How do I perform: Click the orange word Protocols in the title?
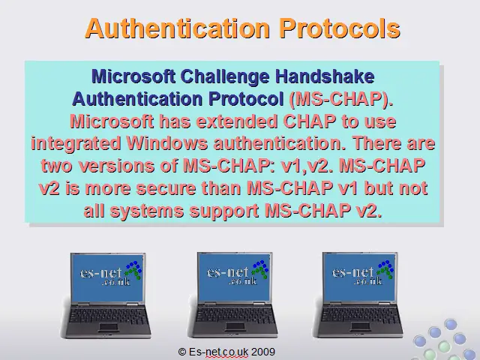pos(340,28)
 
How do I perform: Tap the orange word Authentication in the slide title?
pos(177,28)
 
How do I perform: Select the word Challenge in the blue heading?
pos(225,76)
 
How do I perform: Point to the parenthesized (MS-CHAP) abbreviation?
pos(341,99)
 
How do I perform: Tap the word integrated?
pos(76,144)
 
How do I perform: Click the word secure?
pos(166,188)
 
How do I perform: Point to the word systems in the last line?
pos(147,211)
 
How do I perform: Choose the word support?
pos(224,211)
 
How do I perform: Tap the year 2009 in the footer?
pos(263,352)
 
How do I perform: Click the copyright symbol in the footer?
pos(181,352)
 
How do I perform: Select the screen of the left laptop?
pos(107,277)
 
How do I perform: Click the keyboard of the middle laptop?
pos(233,316)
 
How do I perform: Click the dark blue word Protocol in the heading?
pos(246,99)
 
